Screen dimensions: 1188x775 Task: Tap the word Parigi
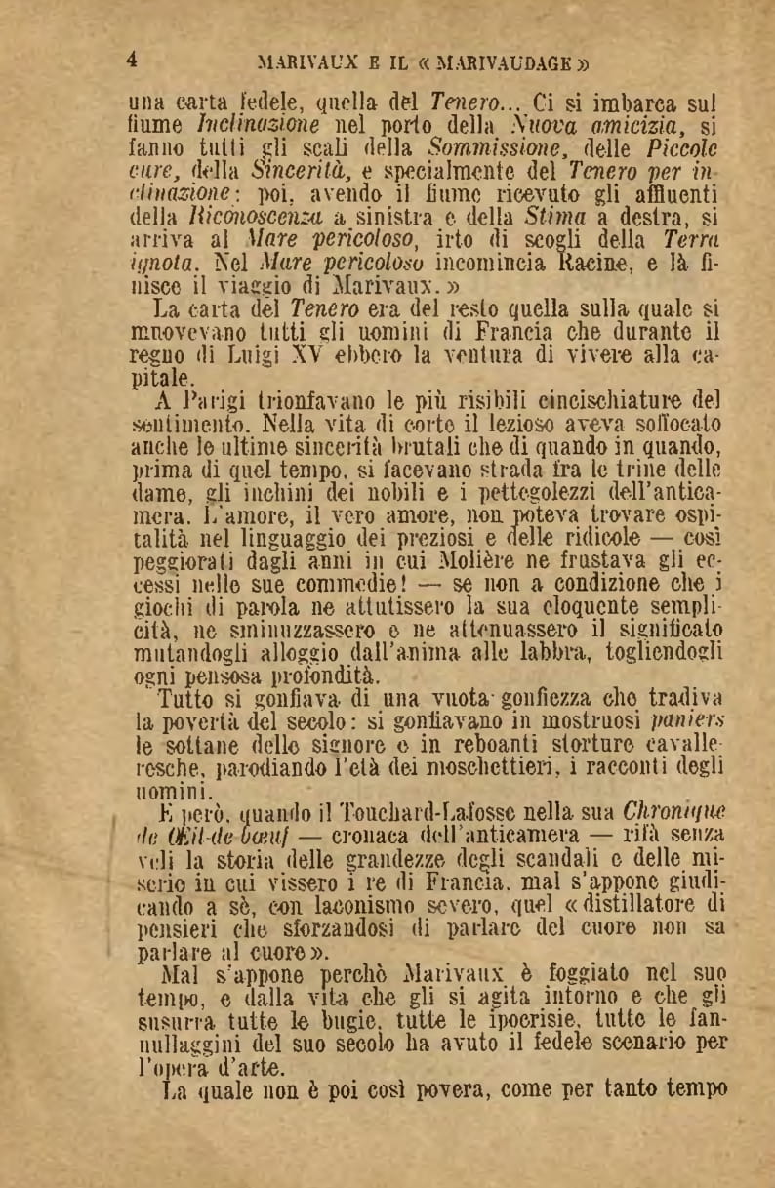(x=211, y=400)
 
